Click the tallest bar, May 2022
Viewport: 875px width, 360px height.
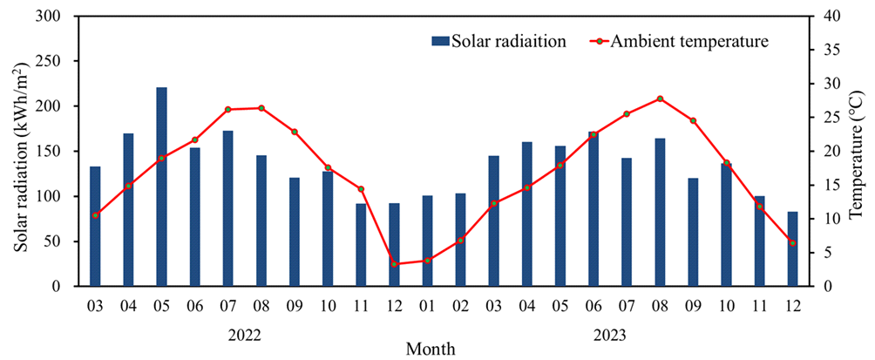tap(161, 187)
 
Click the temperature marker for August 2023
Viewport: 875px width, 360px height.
tap(660, 98)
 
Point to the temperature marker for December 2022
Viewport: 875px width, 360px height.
tap(394, 264)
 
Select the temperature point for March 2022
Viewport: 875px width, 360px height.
tap(95, 215)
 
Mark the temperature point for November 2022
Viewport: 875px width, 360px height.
tap(361, 189)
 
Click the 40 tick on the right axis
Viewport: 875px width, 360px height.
tap(832, 17)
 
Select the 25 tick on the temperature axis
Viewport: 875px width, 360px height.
tap(832, 118)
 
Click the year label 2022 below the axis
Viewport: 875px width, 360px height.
tap(244, 333)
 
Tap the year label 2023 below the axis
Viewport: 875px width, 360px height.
tap(610, 333)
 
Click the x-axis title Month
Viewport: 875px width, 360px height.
tap(431, 349)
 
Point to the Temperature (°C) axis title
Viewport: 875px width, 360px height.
tap(858, 151)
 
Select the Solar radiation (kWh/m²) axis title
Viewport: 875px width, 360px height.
tap(19, 151)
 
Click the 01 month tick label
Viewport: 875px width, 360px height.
tap(427, 307)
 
